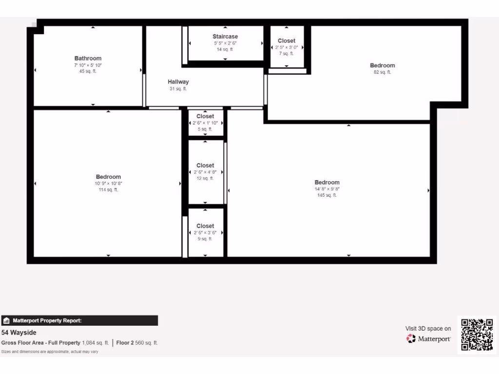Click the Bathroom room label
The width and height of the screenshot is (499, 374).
click(x=88, y=58)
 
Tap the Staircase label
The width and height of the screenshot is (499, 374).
click(x=225, y=37)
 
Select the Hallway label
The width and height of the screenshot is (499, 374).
click(x=178, y=82)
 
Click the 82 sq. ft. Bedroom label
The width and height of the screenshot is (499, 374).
click(x=383, y=65)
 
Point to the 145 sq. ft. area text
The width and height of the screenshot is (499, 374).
click(x=327, y=195)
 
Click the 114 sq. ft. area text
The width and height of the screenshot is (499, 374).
click(x=108, y=190)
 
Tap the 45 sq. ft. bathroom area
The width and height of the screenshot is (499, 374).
click(x=88, y=71)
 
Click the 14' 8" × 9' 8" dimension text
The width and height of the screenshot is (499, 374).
click(x=327, y=189)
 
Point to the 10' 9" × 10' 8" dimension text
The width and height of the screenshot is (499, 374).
click(x=108, y=184)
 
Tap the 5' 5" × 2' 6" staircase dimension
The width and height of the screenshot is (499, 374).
click(x=225, y=43)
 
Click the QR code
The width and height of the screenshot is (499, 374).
click(x=477, y=334)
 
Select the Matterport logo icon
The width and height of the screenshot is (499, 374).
click(x=411, y=338)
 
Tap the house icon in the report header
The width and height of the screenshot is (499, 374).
click(x=6, y=320)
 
